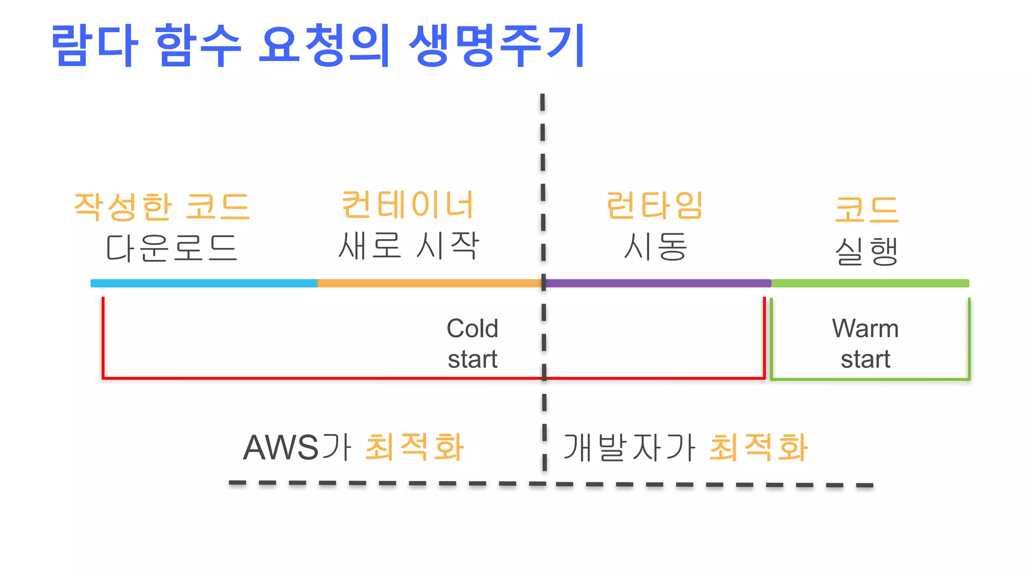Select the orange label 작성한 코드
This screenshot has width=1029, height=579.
point(162,207)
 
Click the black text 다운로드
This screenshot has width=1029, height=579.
point(171,248)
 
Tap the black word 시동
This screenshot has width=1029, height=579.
point(655,247)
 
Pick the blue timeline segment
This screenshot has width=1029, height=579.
point(203,283)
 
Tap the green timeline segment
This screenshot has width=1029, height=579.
point(870,283)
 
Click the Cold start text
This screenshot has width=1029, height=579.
point(472,344)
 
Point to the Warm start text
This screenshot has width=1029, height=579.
point(865,344)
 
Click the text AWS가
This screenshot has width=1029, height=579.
point(297,447)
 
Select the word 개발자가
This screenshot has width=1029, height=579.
point(629,447)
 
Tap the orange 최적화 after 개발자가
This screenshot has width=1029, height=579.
point(758,447)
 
